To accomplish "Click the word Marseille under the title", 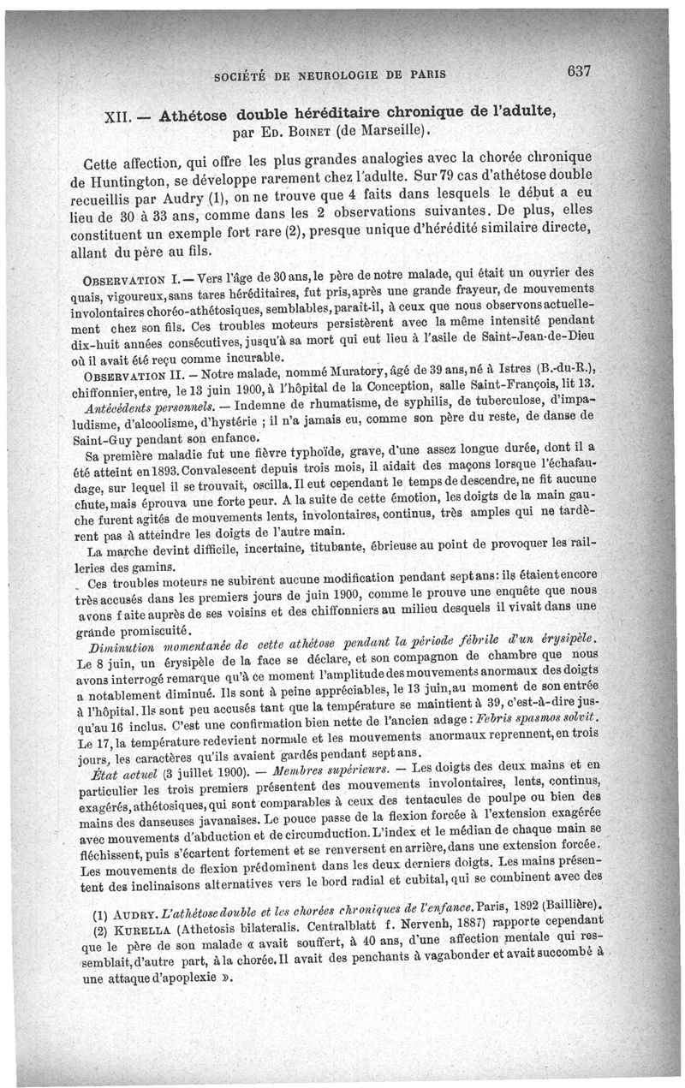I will click(383, 133).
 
